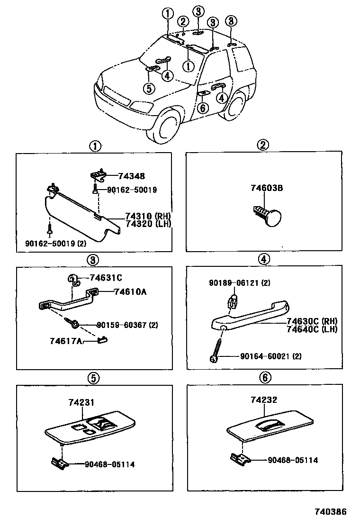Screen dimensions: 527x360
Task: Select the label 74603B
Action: point(267,188)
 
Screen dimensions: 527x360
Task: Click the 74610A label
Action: point(130,292)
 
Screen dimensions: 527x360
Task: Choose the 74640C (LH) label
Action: point(312,329)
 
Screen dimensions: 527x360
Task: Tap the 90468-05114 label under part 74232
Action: point(292,460)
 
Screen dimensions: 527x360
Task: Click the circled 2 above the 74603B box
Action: point(263,145)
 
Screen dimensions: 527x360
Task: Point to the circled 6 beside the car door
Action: point(202,108)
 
